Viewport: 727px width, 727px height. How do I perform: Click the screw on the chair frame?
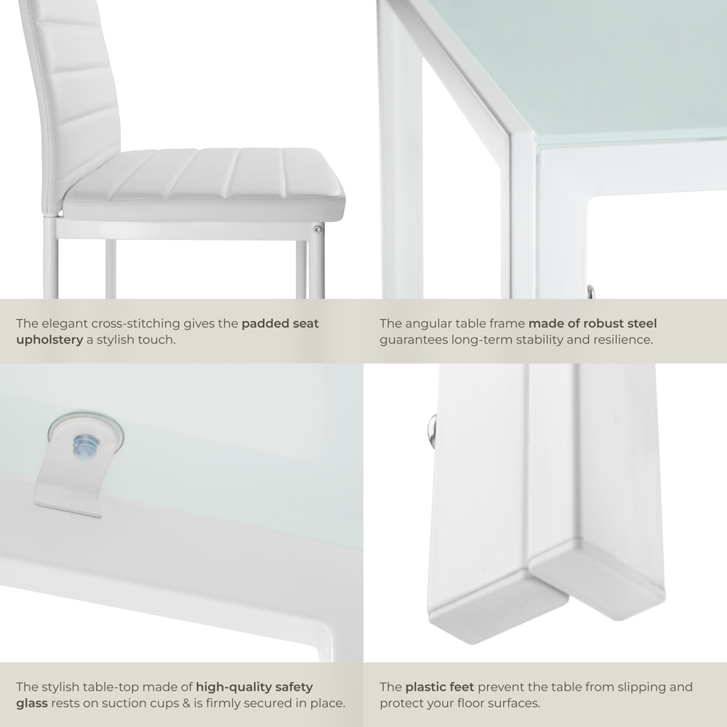pos(318,229)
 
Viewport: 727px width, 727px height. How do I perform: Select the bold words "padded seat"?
pos(280,324)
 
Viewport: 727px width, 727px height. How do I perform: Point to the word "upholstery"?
pos(49,340)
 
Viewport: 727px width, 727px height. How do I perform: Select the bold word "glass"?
pos(32,703)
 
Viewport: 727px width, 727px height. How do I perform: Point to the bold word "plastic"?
pos(424,687)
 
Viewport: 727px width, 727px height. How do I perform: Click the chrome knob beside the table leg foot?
pos(431,429)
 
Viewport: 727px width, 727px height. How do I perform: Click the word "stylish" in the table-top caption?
pos(64,687)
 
